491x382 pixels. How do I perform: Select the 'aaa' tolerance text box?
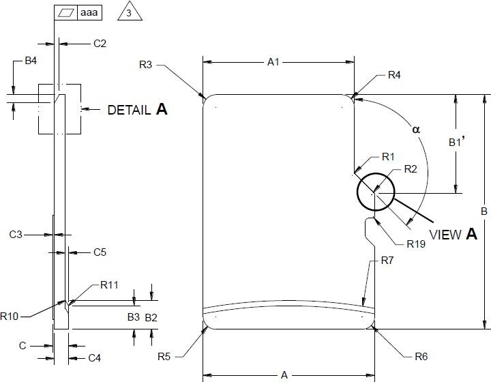pyautogui.click(x=89, y=12)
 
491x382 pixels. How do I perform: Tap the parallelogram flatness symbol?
pyautogui.click(x=65, y=12)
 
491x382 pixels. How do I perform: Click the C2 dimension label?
pyautogui.click(x=100, y=44)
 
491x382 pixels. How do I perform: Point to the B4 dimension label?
pyautogui.click(x=31, y=61)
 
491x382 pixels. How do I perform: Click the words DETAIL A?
pyautogui.click(x=138, y=109)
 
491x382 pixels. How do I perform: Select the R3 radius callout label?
pyautogui.click(x=146, y=65)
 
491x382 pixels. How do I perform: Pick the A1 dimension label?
pyautogui.click(x=273, y=62)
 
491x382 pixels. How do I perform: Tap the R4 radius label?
pyautogui.click(x=394, y=75)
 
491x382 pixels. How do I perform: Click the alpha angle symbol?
pyautogui.click(x=416, y=129)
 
